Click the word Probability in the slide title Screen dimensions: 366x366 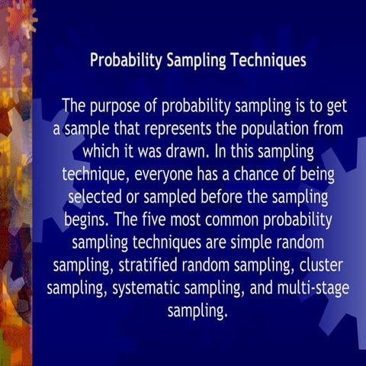pos(126,60)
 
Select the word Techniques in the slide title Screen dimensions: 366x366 pos(264,60)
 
